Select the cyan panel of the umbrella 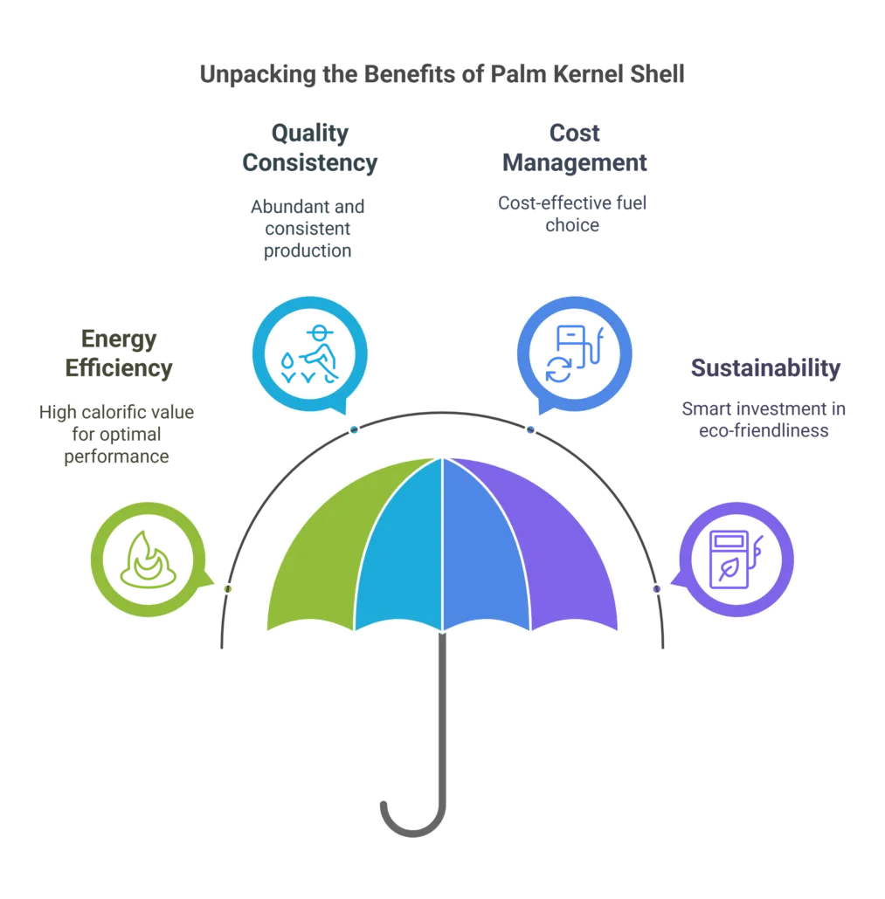tap(402, 550)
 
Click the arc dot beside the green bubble tap(228, 589)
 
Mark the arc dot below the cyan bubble tap(353, 429)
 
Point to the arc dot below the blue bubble tap(529, 429)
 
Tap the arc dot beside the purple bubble tap(656, 589)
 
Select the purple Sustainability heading tap(765, 367)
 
